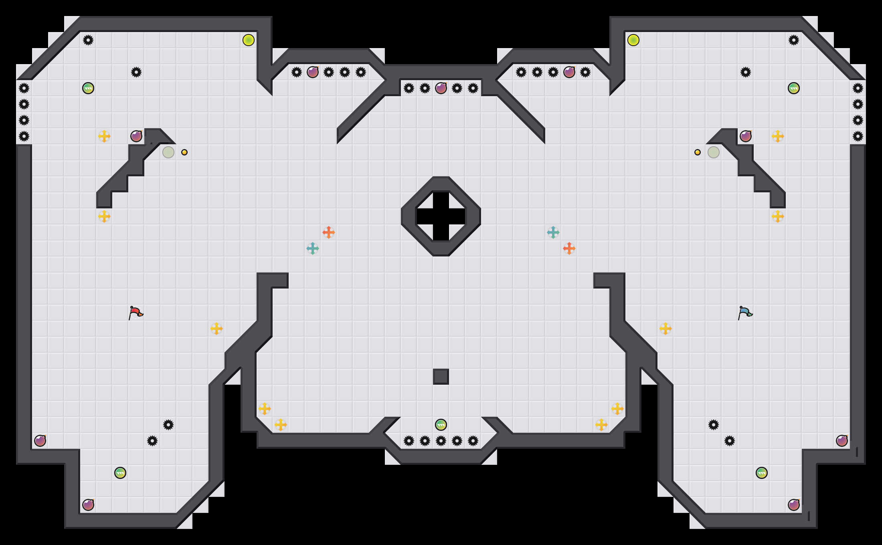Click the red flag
tap(136, 313)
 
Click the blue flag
tap(745, 313)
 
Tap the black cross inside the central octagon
tap(441, 216)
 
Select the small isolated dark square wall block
tap(441, 377)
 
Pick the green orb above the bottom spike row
tap(441, 425)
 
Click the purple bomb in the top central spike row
tap(441, 88)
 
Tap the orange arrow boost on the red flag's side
tap(329, 232)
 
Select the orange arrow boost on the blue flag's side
tap(569, 248)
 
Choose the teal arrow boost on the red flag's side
tap(313, 248)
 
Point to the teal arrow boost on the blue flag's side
tap(553, 232)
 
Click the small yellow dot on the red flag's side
tap(184, 152)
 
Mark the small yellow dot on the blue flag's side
tap(698, 152)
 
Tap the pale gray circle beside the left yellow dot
tap(168, 152)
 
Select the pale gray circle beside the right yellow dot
tap(714, 152)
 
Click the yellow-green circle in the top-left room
tap(249, 40)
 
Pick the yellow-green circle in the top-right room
tap(633, 40)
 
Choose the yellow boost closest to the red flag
tap(216, 329)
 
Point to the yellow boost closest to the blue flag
tap(666, 329)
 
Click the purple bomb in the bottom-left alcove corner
tap(88, 505)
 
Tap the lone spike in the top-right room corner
tap(794, 40)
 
